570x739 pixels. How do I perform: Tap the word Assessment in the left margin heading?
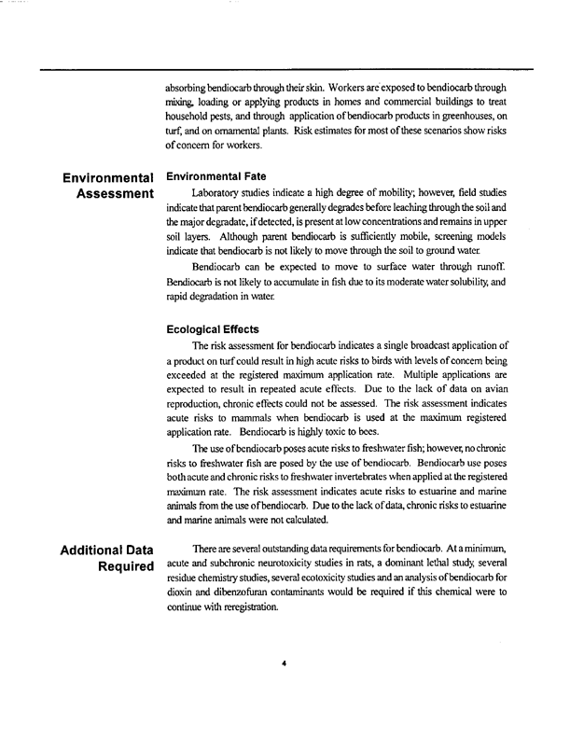click(109, 193)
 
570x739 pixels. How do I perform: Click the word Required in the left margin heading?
click(119, 565)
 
